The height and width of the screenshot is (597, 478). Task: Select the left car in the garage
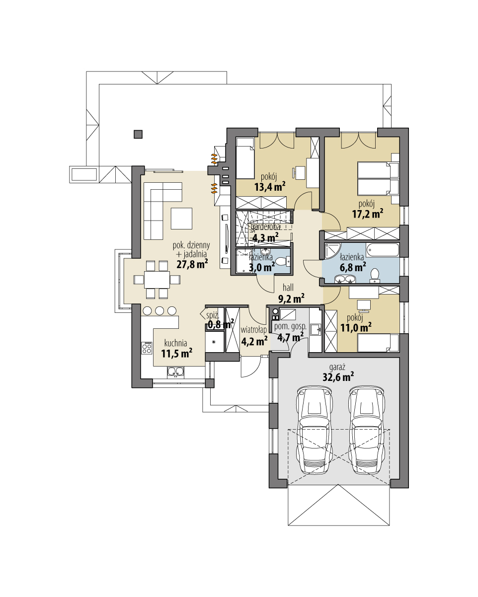click(314, 430)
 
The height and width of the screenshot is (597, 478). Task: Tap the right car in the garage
click(367, 430)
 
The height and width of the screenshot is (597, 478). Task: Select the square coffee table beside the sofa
click(181, 218)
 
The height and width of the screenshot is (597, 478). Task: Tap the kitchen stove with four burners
click(147, 348)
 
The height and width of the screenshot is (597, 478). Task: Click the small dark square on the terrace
click(138, 134)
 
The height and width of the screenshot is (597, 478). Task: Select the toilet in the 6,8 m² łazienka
click(375, 275)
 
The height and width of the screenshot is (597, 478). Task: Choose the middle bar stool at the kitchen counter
click(159, 311)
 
